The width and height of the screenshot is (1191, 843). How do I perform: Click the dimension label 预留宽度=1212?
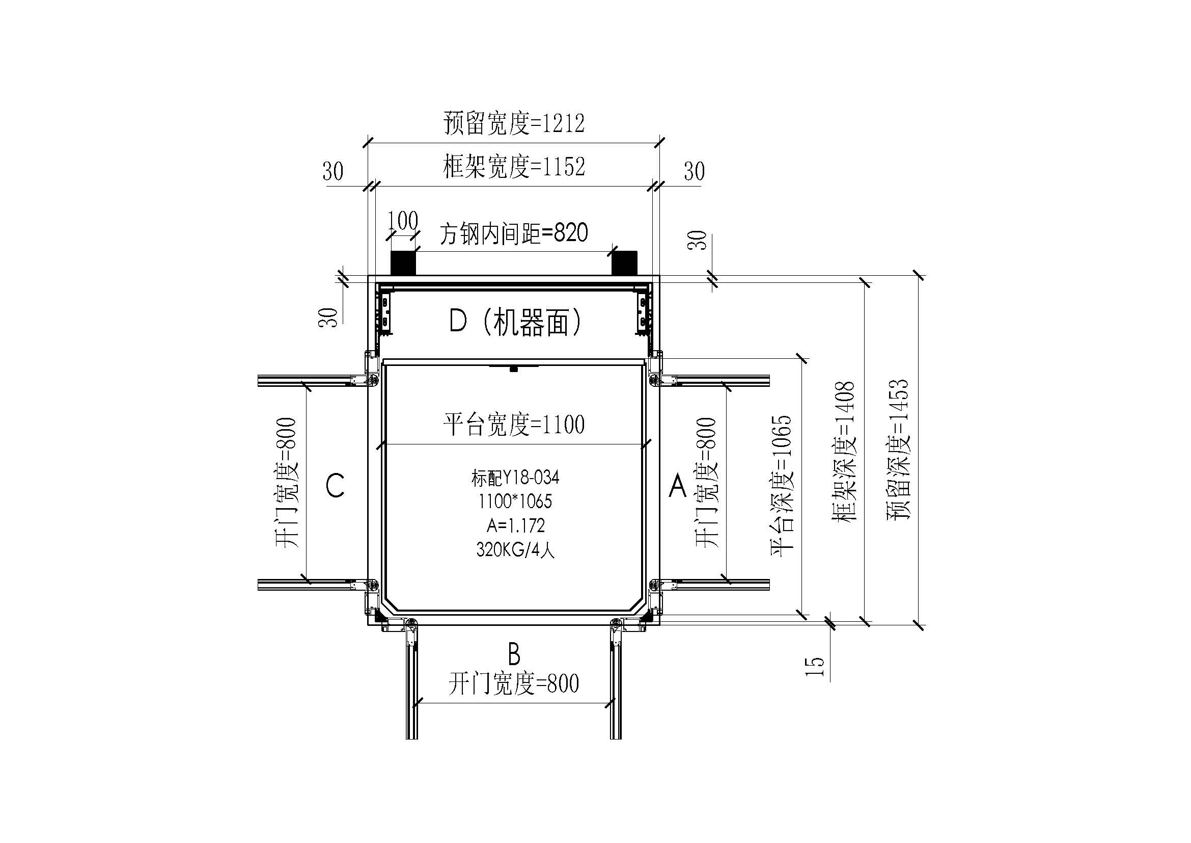click(x=514, y=123)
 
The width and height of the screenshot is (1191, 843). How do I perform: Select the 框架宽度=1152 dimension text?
click(x=514, y=167)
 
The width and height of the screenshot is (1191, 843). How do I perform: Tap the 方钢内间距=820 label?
click(x=514, y=233)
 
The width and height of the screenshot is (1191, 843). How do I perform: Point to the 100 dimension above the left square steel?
click(x=403, y=221)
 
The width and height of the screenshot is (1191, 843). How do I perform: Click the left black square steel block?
click(x=403, y=262)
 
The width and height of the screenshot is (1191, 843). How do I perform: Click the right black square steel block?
click(x=625, y=262)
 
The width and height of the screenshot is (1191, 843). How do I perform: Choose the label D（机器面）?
click(x=515, y=322)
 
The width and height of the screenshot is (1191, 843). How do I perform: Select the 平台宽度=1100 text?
click(x=514, y=425)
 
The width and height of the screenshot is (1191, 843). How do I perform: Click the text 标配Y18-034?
click(x=515, y=478)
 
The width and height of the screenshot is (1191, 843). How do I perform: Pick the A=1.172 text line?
click(x=516, y=526)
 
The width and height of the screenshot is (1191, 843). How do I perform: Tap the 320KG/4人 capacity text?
click(x=516, y=550)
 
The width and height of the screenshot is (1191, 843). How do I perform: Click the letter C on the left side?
click(x=335, y=486)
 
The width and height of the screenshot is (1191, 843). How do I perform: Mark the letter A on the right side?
click(x=677, y=486)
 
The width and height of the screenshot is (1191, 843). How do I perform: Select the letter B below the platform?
click(x=514, y=654)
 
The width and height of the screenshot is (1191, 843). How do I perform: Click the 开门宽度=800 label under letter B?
click(x=514, y=683)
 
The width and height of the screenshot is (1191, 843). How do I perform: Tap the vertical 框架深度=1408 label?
click(x=844, y=452)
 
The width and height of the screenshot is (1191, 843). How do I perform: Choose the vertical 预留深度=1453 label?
click(x=898, y=450)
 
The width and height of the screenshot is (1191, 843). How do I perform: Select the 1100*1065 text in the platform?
click(x=515, y=502)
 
